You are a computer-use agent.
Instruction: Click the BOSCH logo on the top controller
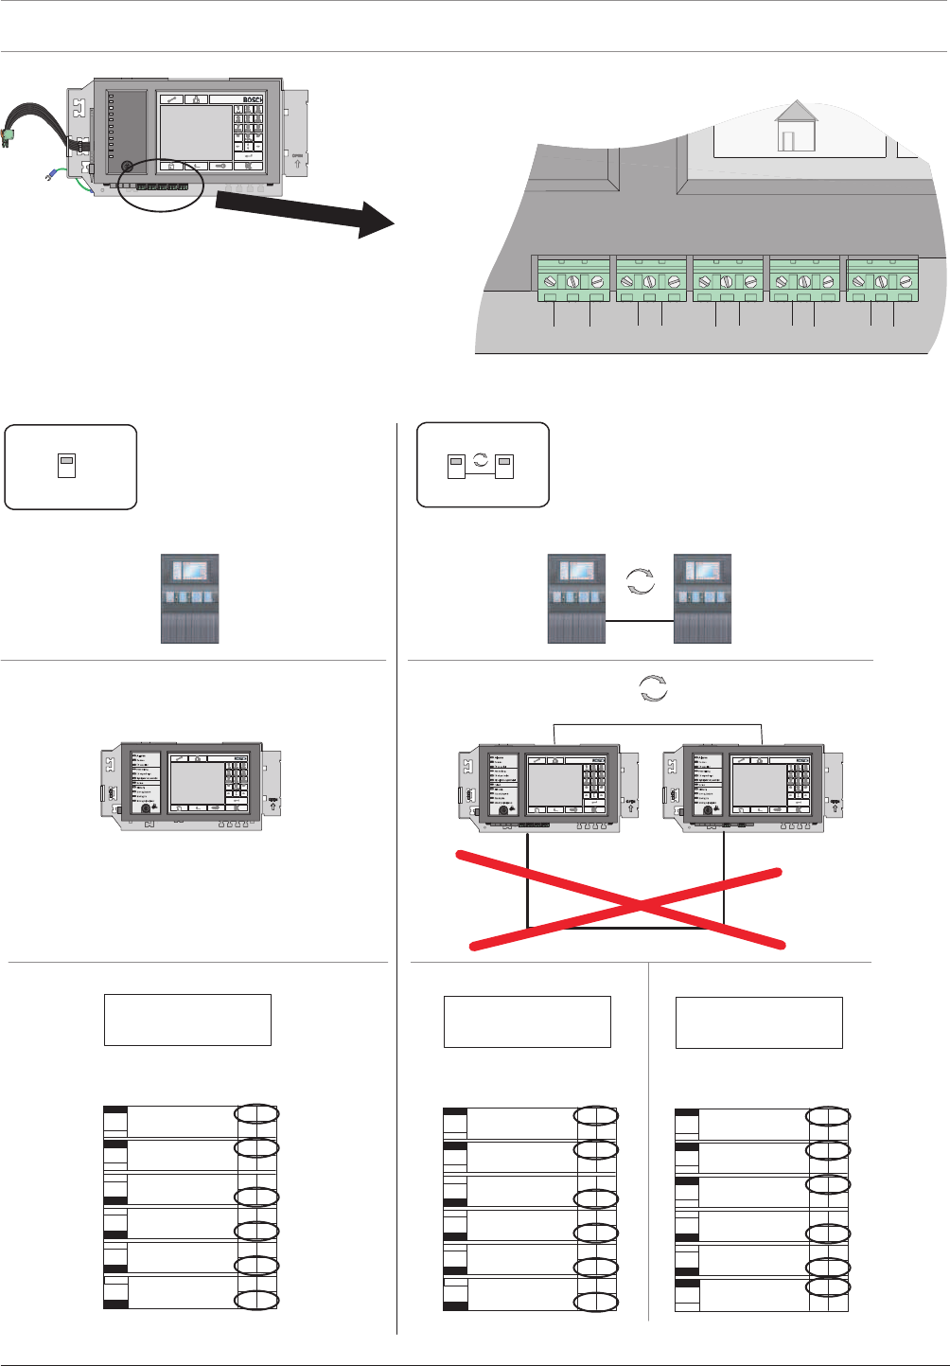(251, 99)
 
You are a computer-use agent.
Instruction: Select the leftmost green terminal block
(572, 280)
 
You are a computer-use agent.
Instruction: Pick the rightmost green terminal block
(882, 280)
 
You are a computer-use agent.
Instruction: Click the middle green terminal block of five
(728, 280)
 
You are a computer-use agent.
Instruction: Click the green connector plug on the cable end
(8, 136)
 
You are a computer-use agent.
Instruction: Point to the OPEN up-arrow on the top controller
(298, 160)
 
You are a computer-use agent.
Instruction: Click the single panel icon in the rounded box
(66, 466)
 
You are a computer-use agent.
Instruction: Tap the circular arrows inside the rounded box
(481, 459)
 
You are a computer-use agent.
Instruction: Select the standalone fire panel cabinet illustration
(190, 599)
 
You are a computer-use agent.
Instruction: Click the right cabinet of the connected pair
(702, 599)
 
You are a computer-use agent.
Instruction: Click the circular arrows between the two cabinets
(641, 581)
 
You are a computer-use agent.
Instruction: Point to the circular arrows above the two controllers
(653, 688)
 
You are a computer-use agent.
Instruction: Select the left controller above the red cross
(539, 788)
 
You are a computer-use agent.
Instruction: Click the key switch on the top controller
(127, 166)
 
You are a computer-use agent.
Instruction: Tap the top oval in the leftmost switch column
(256, 1114)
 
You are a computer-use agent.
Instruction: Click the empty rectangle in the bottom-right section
(759, 1022)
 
